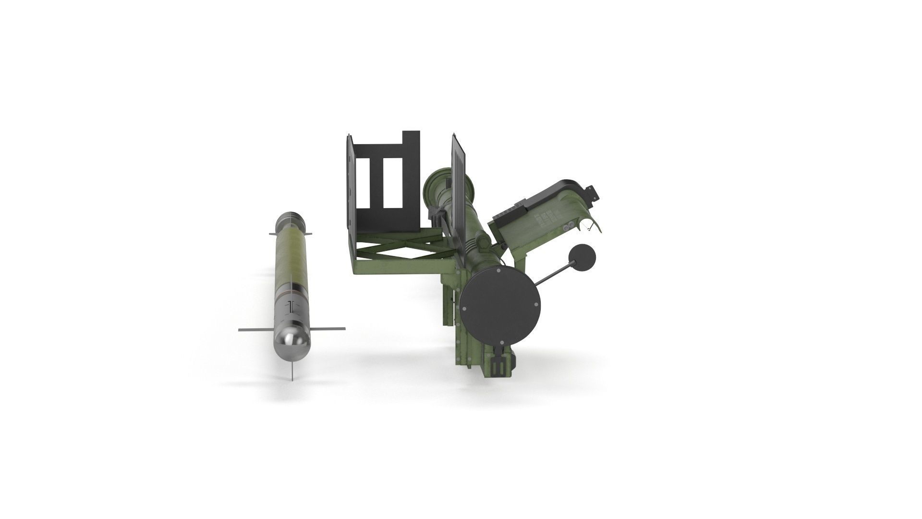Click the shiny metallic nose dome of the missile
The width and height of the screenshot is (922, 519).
pos(292,345)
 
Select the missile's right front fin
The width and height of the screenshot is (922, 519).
pos(331,328)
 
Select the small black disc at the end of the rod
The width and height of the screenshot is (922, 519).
pos(582,257)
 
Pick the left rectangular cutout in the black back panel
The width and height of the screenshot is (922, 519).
pos(364,183)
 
